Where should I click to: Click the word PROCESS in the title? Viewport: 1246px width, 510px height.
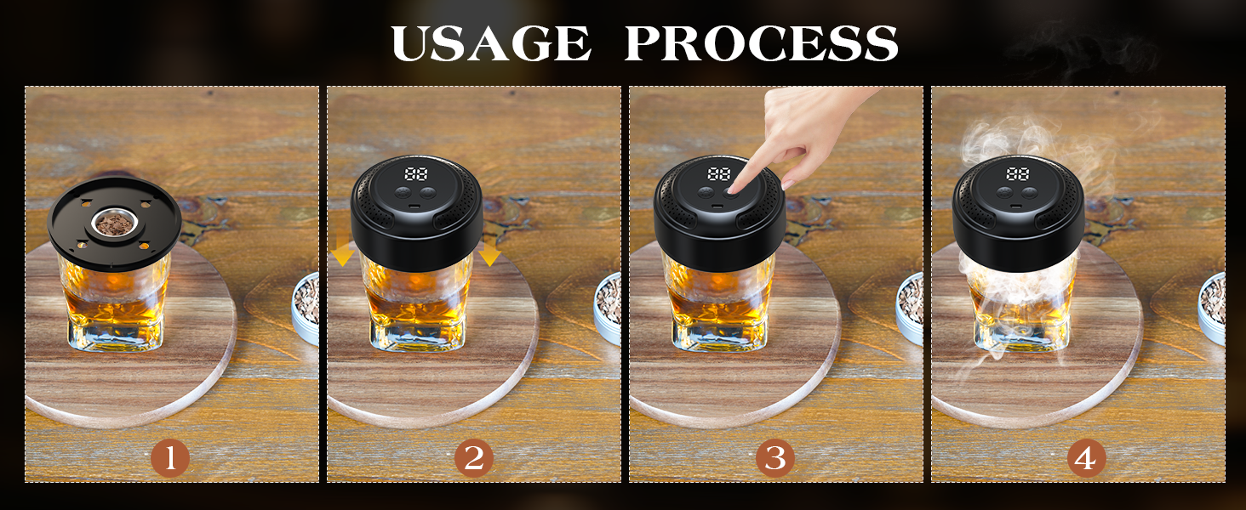point(762,42)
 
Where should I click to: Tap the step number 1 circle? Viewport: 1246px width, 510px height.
point(170,458)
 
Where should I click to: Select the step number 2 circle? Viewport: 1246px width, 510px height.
point(473,458)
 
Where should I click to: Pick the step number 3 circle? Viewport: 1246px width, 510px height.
point(774,458)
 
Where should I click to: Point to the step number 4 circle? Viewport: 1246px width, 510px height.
point(1086,458)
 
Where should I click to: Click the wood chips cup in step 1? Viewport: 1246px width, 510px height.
point(115,224)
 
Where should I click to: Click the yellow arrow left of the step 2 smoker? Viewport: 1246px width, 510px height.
point(342,249)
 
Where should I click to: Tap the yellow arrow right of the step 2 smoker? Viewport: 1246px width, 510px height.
point(489,249)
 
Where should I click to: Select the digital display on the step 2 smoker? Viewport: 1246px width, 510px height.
point(416,174)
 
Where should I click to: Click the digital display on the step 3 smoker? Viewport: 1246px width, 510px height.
point(718,174)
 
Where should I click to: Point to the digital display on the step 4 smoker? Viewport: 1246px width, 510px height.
point(1017,174)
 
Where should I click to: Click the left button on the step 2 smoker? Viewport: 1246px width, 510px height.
point(403,193)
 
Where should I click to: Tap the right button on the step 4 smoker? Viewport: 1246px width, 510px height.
point(1029,193)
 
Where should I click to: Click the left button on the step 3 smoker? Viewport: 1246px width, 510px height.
point(706,193)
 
